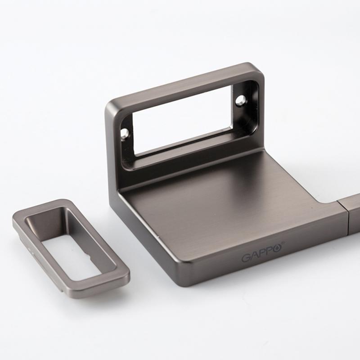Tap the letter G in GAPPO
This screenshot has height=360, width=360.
[x=245, y=258]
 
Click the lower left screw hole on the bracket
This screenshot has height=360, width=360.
[x=125, y=133]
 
